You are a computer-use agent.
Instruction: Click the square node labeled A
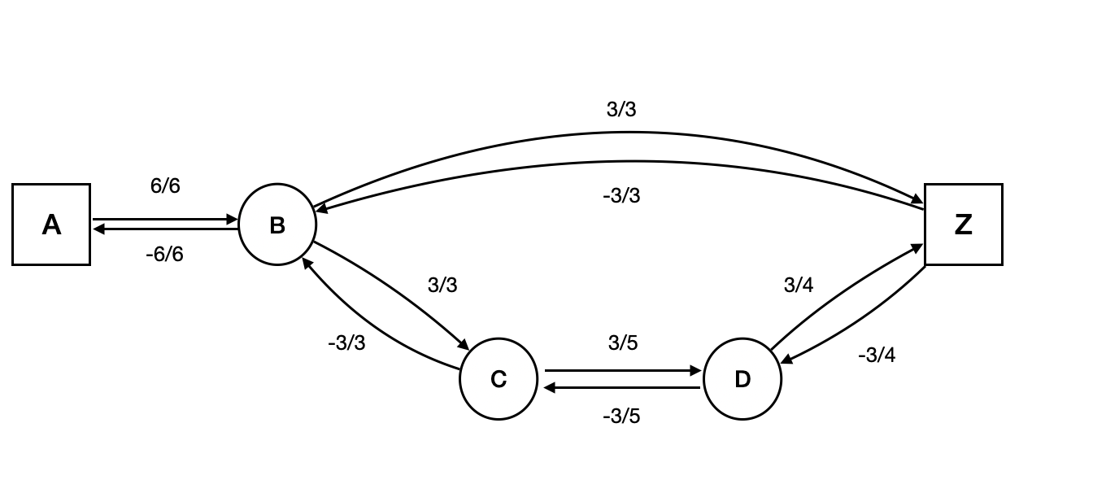(51, 225)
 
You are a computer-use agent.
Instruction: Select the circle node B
(277, 225)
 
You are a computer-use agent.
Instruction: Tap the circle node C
(499, 379)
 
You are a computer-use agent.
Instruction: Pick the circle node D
(742, 379)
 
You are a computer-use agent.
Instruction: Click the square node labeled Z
(964, 225)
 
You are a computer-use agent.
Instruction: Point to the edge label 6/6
(165, 186)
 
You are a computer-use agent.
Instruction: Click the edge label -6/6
(164, 255)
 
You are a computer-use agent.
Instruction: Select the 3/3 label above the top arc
(621, 110)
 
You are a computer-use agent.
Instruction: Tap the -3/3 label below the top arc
(621, 196)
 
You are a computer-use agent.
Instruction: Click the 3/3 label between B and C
(442, 286)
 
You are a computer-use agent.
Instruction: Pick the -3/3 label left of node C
(346, 343)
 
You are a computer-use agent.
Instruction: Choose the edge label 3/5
(623, 343)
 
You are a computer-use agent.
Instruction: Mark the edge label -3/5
(621, 417)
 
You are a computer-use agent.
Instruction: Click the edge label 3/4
(798, 286)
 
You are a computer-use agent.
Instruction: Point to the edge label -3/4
(877, 356)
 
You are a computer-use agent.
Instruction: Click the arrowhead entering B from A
(233, 220)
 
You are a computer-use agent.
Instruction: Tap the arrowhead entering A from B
(98, 229)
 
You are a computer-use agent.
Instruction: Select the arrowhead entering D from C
(696, 371)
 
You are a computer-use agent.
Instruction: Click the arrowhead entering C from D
(551, 387)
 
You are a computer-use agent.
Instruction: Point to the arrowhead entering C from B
(464, 345)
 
